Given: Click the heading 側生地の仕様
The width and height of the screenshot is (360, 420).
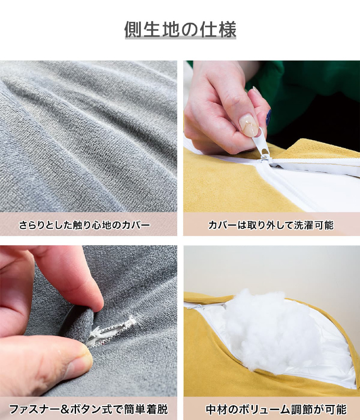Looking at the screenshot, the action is pyautogui.click(x=180, y=29).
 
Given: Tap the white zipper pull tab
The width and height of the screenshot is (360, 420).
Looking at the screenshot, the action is pyautogui.click(x=260, y=142).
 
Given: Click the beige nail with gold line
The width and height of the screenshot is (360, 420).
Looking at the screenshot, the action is pyautogui.click(x=249, y=125).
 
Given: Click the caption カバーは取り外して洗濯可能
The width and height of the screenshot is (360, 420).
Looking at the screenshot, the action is pyautogui.click(x=271, y=225).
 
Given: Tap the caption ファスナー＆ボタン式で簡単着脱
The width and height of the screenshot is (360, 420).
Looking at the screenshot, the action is pyautogui.click(x=88, y=409).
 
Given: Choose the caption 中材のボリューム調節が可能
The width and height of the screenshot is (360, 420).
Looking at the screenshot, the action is pyautogui.click(x=276, y=409).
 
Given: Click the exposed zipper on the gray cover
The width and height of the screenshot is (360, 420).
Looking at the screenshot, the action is pyautogui.click(x=113, y=332).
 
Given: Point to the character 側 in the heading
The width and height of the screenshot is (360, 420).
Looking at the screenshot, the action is pyautogui.click(x=133, y=29).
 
